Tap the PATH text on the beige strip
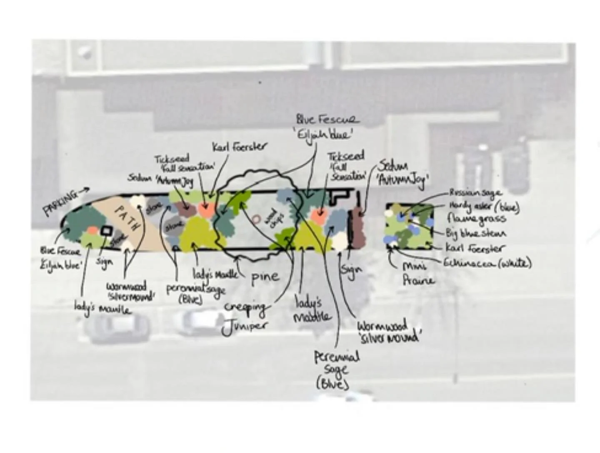(127, 218)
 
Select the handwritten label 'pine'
(265, 277)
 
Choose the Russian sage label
(475, 193)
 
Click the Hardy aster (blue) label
(484, 206)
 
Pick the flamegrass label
(476, 219)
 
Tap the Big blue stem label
(476, 233)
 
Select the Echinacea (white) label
(487, 263)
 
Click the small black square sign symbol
(107, 231)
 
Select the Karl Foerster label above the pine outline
(239, 147)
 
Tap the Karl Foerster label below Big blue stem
(475, 248)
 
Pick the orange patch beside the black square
(92, 230)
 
